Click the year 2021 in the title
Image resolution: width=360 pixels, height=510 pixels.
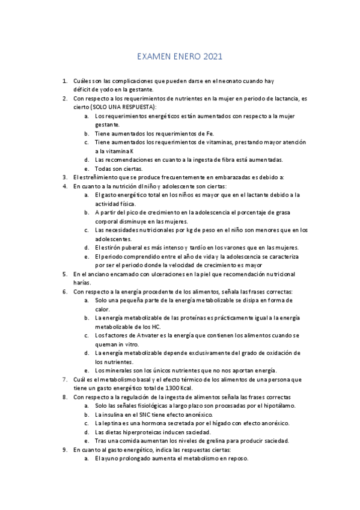click(x=213, y=58)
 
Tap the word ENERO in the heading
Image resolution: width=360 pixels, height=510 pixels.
click(x=186, y=58)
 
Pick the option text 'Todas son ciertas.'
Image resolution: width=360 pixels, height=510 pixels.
click(x=119, y=168)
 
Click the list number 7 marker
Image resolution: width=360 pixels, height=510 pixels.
click(x=65, y=379)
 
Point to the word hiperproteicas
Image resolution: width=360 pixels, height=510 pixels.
click(x=133, y=432)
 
